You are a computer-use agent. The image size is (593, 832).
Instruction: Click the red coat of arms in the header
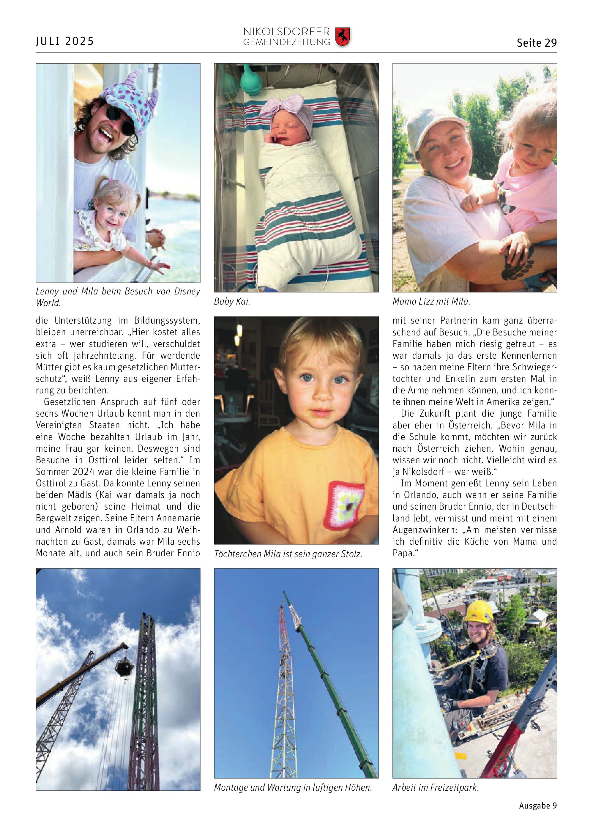[x=342, y=37]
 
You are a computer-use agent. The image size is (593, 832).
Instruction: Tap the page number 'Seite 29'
[x=536, y=43]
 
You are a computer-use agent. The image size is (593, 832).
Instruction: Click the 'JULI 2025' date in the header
[x=65, y=41]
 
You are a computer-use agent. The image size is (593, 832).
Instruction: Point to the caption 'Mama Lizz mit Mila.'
[x=431, y=302]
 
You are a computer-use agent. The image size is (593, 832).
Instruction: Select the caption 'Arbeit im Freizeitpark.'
[x=435, y=787]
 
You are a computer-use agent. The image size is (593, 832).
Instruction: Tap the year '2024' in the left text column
[x=83, y=472]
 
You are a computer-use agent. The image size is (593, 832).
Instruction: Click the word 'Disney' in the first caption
[x=187, y=291]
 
